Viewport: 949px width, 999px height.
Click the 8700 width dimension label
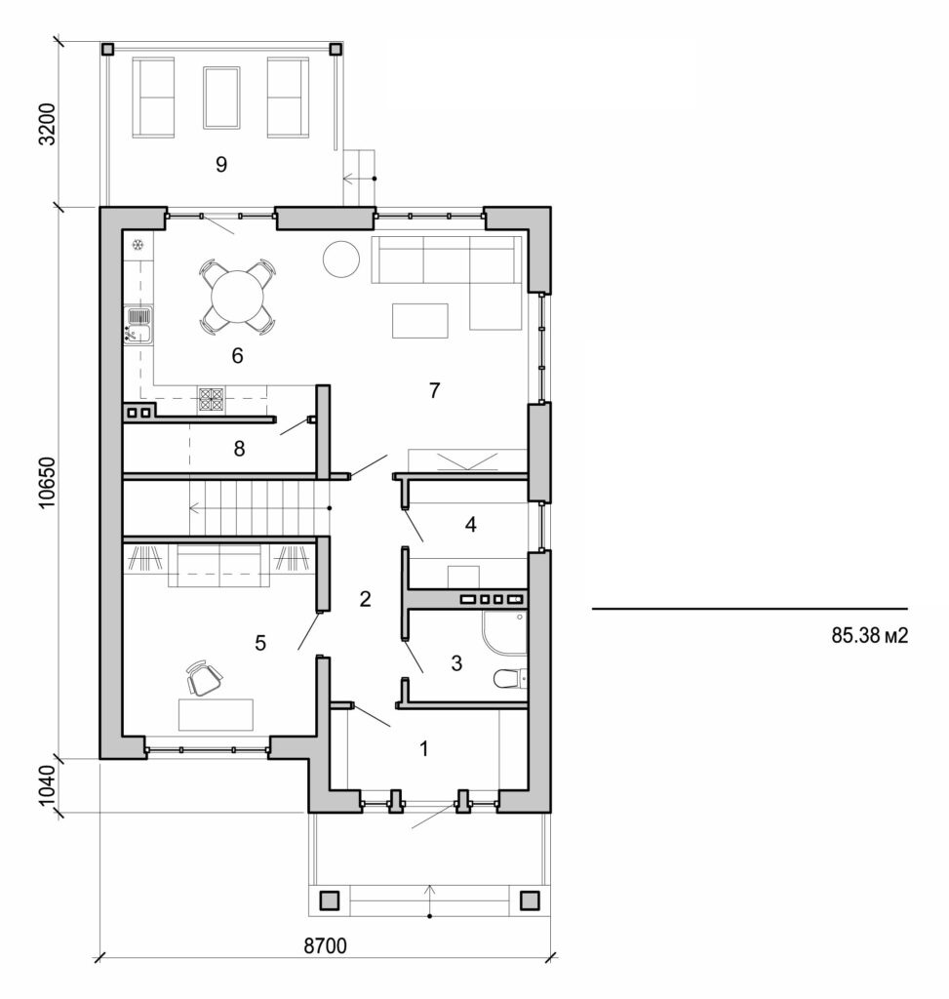326,945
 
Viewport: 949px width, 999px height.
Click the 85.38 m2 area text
870,635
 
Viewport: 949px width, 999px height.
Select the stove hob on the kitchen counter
212,398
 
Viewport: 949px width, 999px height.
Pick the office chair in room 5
202,678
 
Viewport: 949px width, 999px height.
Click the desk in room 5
216,714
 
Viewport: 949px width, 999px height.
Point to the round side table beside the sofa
342,259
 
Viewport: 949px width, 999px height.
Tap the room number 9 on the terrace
221,165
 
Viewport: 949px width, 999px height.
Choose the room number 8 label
239,450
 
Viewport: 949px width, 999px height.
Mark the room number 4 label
470,525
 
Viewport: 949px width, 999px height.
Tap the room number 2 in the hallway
365,599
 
